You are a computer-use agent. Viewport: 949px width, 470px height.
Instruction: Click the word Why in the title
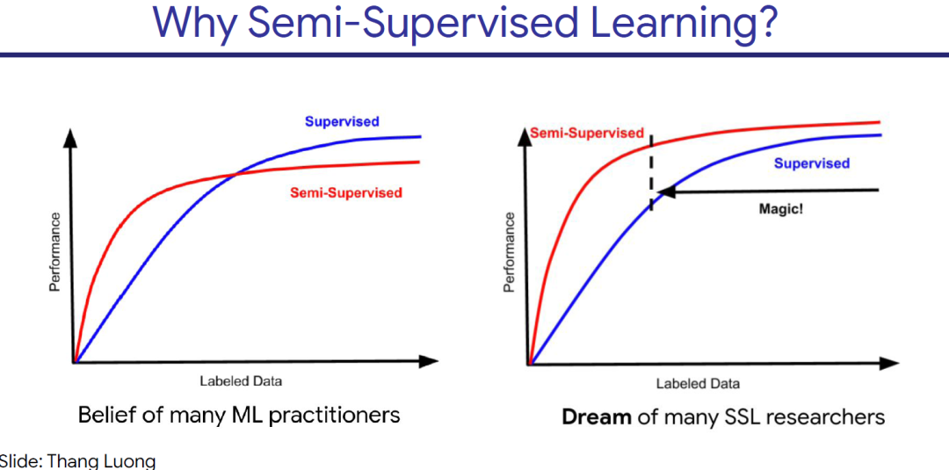pyautogui.click(x=194, y=24)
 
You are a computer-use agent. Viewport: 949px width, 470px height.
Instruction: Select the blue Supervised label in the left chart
pyautogui.click(x=342, y=121)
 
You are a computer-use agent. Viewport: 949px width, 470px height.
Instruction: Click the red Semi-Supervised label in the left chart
pyautogui.click(x=346, y=192)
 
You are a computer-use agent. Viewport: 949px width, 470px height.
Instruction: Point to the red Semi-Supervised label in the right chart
pyautogui.click(x=587, y=134)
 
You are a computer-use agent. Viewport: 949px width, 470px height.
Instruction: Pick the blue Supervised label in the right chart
pyautogui.click(x=812, y=163)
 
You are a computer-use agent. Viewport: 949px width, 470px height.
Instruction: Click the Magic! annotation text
pyautogui.click(x=780, y=209)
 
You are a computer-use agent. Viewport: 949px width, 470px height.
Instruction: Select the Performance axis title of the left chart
pyautogui.click(x=55, y=252)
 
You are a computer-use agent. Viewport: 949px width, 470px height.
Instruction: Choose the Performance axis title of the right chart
pyautogui.click(x=510, y=252)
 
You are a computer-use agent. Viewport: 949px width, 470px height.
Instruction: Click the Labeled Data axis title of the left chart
pyautogui.click(x=241, y=380)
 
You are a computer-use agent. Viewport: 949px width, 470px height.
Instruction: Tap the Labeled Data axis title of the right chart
pyautogui.click(x=698, y=384)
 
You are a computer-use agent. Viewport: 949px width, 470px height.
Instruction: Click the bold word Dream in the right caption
pyautogui.click(x=597, y=416)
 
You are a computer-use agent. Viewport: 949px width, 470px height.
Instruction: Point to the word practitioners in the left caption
pyautogui.click(x=335, y=415)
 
